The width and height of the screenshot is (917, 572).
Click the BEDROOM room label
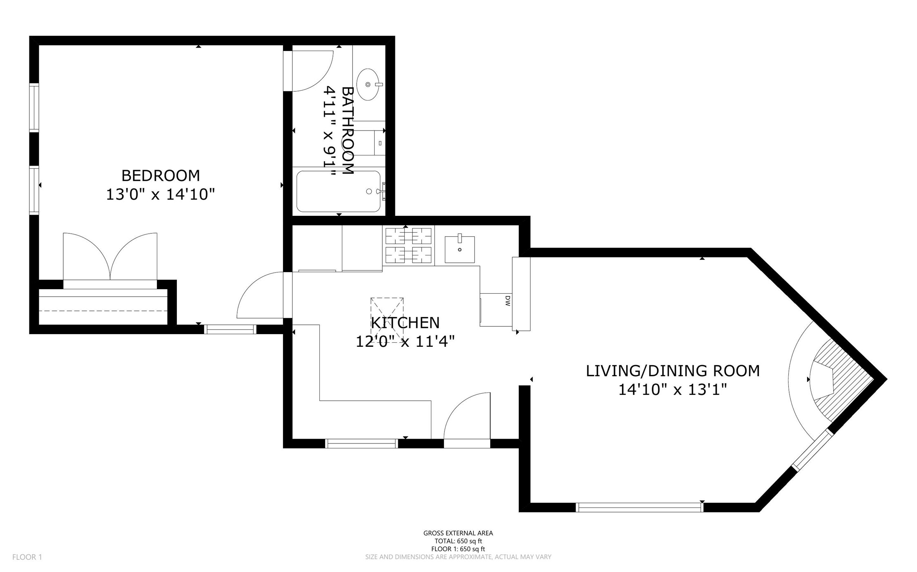click(x=161, y=175)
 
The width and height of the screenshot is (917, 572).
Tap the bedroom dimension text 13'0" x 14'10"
click(x=161, y=195)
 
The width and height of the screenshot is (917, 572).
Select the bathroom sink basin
click(x=368, y=84)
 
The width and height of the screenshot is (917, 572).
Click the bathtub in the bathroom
click(x=338, y=191)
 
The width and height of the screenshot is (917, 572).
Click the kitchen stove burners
click(x=408, y=246)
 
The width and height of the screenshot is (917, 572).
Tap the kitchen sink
click(x=460, y=249)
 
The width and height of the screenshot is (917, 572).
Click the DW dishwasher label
click(x=508, y=301)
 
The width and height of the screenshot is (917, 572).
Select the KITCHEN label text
click(x=405, y=323)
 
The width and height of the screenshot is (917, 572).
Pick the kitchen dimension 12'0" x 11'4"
click(x=405, y=341)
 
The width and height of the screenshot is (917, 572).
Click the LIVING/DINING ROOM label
click(x=673, y=371)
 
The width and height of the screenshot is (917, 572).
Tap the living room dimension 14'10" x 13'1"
click(x=673, y=390)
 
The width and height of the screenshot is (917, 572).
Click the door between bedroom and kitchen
click(x=260, y=295)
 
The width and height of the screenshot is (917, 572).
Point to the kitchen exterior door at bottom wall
click(x=467, y=420)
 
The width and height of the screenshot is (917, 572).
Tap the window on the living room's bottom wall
click(x=640, y=507)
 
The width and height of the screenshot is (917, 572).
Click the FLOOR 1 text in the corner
click(x=27, y=557)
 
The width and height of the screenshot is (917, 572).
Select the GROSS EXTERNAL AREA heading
click(x=458, y=533)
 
